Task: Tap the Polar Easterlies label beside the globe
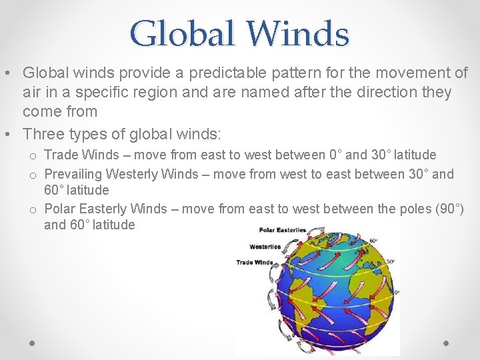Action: (x=283, y=230)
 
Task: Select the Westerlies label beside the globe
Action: (x=265, y=246)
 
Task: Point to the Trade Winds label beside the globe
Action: (x=255, y=262)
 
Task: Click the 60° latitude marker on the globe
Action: (x=373, y=241)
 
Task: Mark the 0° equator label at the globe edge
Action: (x=396, y=292)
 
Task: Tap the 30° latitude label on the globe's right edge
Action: (x=391, y=262)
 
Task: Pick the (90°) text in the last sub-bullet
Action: (x=449, y=209)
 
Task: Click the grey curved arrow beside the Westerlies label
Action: (x=293, y=248)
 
